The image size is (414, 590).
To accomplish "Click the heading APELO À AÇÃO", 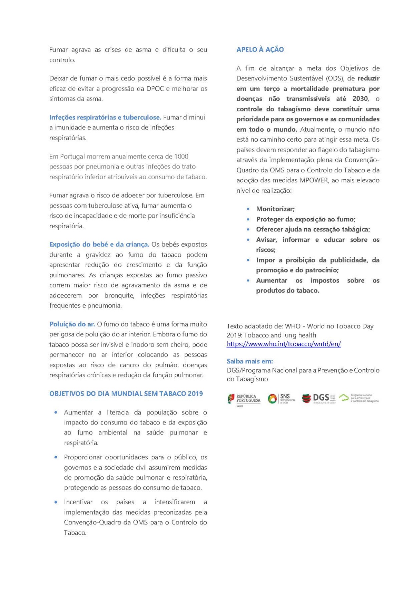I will click(x=260, y=50).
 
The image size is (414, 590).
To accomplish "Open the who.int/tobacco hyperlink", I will click(x=284, y=344).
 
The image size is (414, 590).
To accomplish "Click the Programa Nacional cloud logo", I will click(x=359, y=398).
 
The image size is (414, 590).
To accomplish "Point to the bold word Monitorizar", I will click(x=275, y=209).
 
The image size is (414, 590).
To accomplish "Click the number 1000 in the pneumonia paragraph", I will click(x=181, y=156).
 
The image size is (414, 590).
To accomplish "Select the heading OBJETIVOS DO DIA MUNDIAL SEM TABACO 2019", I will click(x=126, y=394).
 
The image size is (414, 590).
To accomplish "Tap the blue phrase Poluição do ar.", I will click(x=72, y=324).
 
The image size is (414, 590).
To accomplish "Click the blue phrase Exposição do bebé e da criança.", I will click(x=99, y=245).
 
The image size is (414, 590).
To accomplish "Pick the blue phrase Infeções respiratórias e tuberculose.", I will click(x=105, y=117).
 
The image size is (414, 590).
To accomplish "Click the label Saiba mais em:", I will click(x=249, y=361).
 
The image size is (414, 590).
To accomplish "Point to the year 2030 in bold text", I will click(x=360, y=99).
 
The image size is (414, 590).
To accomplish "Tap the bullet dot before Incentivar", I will click(x=56, y=502).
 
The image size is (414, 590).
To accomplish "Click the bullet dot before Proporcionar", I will click(x=56, y=457).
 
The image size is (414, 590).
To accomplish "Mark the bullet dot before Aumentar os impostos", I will click(x=248, y=280).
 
